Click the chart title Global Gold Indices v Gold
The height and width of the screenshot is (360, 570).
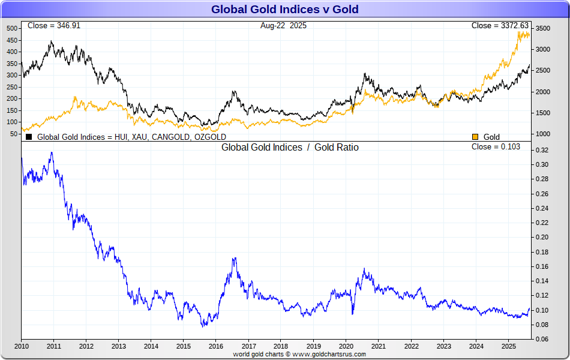pos(285,9)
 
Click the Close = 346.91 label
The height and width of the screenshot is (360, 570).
pos(53,26)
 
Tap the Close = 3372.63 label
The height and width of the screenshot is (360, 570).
pos(500,26)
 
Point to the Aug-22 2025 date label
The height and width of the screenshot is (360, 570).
pos(283,26)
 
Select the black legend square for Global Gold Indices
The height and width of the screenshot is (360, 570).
pos(29,137)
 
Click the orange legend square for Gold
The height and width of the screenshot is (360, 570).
pos(475,137)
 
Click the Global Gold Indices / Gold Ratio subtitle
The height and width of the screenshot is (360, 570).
pos(290,148)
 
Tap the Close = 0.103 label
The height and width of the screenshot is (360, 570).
pos(496,147)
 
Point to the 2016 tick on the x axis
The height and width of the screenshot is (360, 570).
pos(216,346)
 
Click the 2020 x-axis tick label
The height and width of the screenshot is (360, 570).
pos(346,346)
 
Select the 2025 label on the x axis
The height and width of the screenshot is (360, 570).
pos(509,346)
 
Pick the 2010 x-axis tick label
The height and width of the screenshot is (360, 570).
pos(22,346)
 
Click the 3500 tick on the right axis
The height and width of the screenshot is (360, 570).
pos(543,29)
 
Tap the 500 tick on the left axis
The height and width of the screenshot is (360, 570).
pos(13,29)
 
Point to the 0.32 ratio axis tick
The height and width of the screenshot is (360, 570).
pos(541,150)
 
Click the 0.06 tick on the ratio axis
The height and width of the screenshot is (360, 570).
pos(541,340)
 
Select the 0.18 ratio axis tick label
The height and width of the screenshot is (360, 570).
pos(541,252)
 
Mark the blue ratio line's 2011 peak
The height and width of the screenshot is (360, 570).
pos(52,152)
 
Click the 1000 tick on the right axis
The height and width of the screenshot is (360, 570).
pos(543,134)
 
